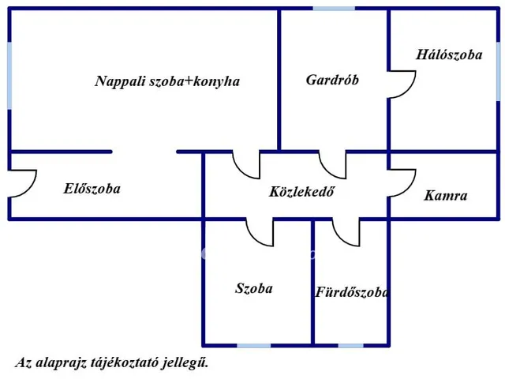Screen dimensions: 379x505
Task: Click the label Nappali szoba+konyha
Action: pyautogui.click(x=167, y=81)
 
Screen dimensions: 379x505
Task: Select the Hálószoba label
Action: pyautogui.click(x=449, y=55)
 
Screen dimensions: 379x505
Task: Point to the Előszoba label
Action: pyautogui.click(x=92, y=189)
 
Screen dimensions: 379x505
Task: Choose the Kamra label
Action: pyautogui.click(x=446, y=196)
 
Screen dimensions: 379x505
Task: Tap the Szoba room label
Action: pyautogui.click(x=254, y=288)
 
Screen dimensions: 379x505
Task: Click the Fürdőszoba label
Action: pyautogui.click(x=352, y=293)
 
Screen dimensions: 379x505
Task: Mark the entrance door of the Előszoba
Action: pyautogui.click(x=22, y=184)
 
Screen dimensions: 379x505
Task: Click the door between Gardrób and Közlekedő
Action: pyautogui.click(x=333, y=164)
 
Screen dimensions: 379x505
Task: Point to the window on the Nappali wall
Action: pyautogui.click(x=9, y=76)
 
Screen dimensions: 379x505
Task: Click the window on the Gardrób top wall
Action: pyautogui.click(x=334, y=9)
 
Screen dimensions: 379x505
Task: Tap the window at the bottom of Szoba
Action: pyautogui.click(x=254, y=345)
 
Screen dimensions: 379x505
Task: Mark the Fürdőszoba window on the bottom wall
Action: pyautogui.click(x=351, y=345)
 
